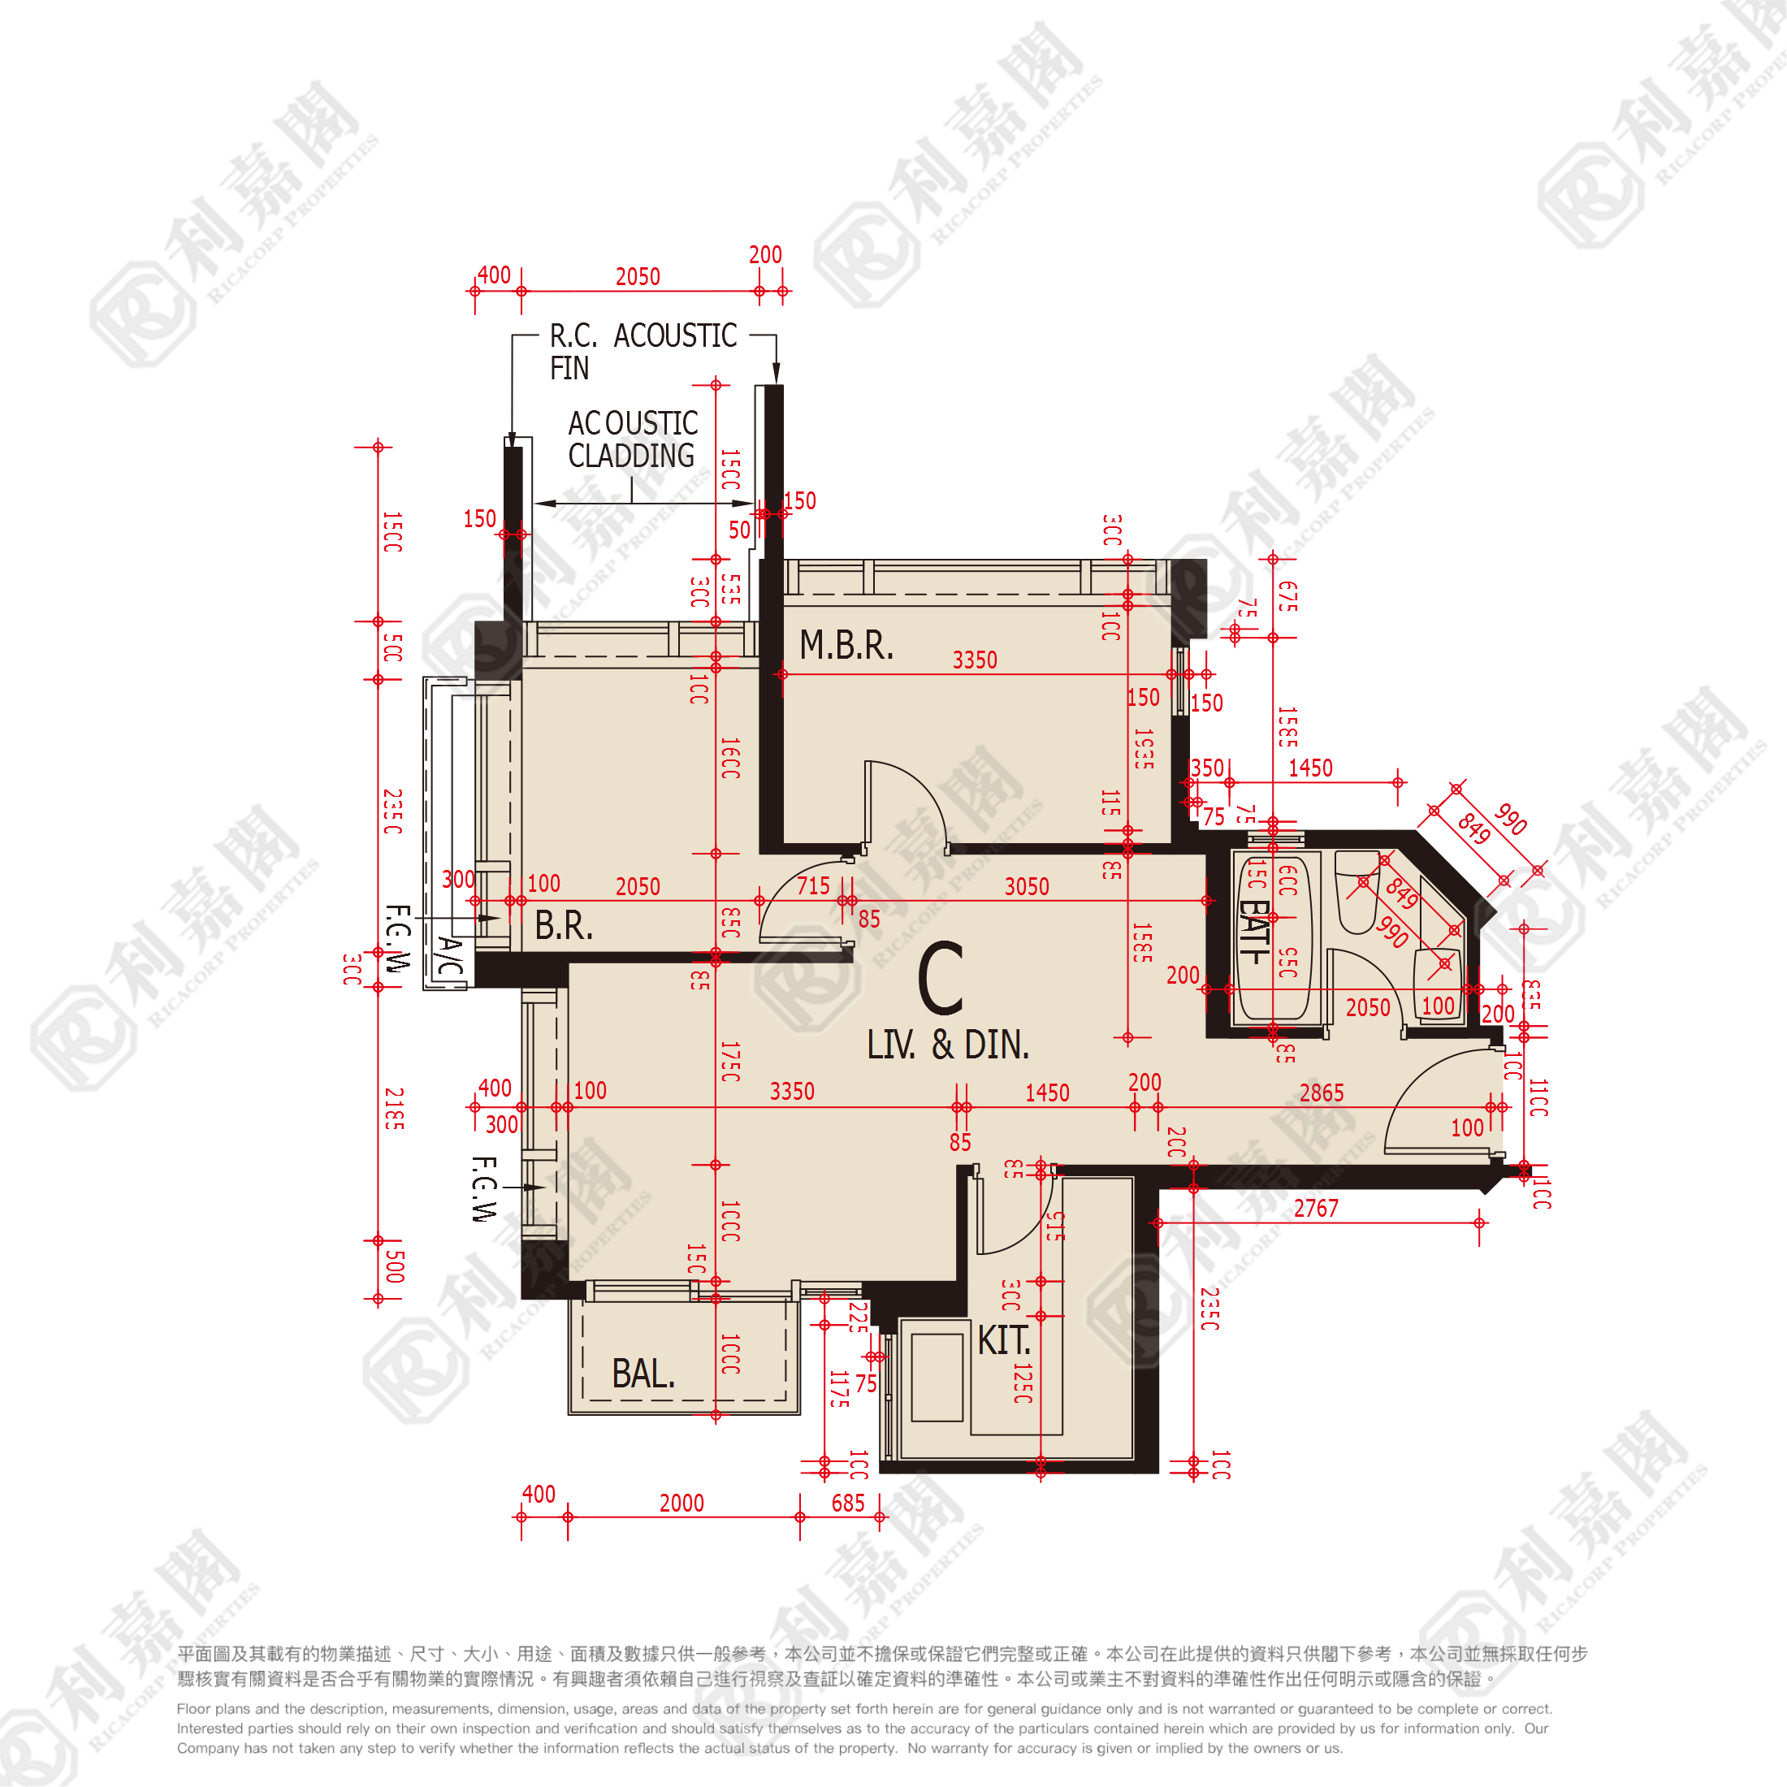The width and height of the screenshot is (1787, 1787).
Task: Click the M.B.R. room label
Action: pyautogui.click(x=846, y=645)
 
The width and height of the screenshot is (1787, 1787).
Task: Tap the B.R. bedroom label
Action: pyautogui.click(x=563, y=925)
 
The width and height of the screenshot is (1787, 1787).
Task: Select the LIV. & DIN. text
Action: pyautogui.click(x=947, y=1045)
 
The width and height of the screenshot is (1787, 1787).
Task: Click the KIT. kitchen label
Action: pyautogui.click(x=1004, y=1340)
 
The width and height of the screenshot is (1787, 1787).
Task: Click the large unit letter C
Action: pyautogui.click(x=941, y=978)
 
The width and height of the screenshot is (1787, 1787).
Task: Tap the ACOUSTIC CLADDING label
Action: pyautogui.click(x=633, y=439)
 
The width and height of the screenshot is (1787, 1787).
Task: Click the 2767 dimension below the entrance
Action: pyautogui.click(x=1315, y=1208)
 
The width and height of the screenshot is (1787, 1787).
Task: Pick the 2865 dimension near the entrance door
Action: pyautogui.click(x=1321, y=1093)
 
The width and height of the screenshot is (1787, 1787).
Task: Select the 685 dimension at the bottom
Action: pyautogui.click(x=847, y=1503)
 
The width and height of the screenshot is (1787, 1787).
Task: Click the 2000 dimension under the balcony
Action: pyautogui.click(x=681, y=1503)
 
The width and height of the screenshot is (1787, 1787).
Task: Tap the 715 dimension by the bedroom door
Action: pyautogui.click(x=813, y=886)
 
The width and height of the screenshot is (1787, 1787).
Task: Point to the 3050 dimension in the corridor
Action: pyautogui.click(x=1027, y=886)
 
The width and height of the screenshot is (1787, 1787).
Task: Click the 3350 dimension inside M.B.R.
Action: pyautogui.click(x=975, y=660)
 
